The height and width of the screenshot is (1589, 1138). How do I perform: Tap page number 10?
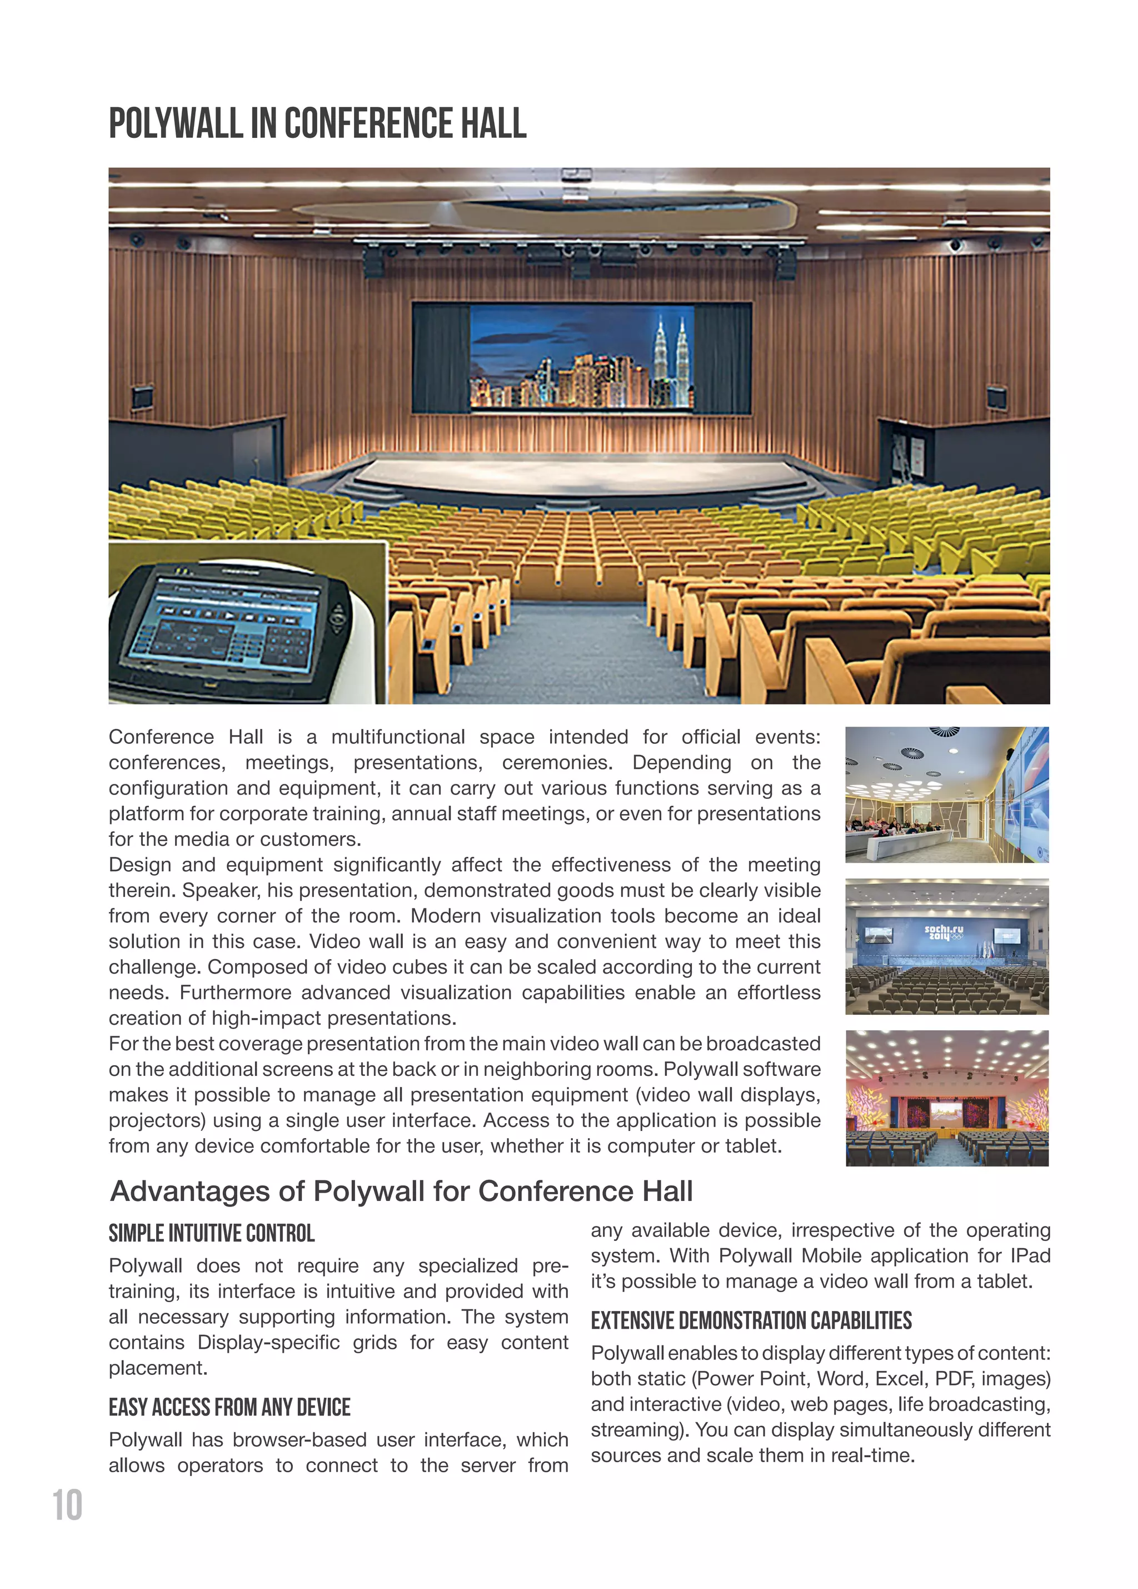(67, 1506)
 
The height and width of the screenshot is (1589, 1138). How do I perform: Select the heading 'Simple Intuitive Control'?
(212, 1233)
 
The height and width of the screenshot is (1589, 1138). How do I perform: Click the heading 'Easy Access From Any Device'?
(229, 1408)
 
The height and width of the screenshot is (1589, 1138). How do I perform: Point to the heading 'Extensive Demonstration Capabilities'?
(751, 1320)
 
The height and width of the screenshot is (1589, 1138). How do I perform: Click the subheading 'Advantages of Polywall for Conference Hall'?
(401, 1191)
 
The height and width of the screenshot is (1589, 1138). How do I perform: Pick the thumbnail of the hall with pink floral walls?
(946, 1098)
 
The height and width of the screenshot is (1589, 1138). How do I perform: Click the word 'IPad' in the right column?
(1030, 1255)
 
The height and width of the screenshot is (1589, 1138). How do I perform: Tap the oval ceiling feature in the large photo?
(546, 210)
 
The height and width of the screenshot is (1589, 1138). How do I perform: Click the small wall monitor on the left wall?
(142, 396)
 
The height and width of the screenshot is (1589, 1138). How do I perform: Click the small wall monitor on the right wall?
(996, 397)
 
